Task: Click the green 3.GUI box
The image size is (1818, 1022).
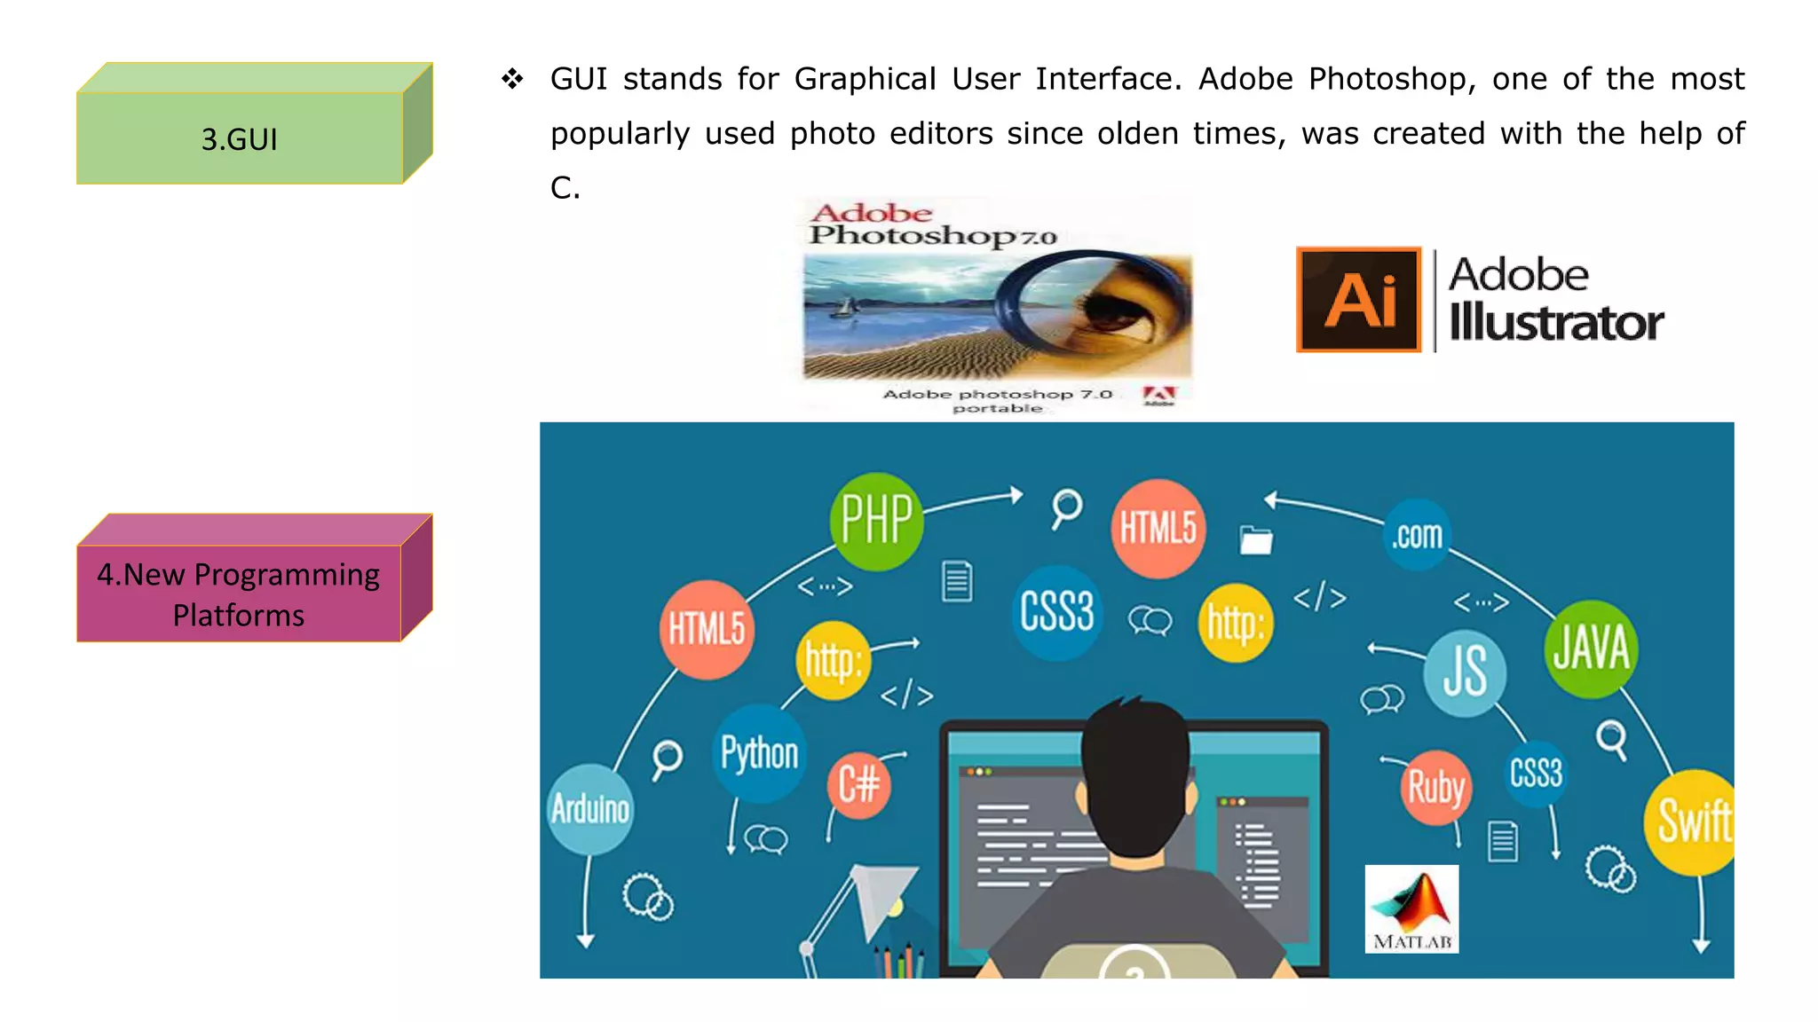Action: (240, 138)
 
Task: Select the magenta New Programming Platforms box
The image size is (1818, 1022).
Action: (239, 594)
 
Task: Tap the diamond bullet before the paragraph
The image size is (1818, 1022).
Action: (512, 79)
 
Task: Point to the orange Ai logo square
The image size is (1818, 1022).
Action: (1359, 300)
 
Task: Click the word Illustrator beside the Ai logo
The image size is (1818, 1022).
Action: (1556, 322)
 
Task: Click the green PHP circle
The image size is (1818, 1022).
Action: (876, 521)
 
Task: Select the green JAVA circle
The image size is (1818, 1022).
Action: (1591, 649)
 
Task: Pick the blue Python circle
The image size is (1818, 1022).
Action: (759, 753)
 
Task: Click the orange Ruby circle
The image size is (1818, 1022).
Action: (1435, 787)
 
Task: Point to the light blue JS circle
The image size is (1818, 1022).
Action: (1465, 672)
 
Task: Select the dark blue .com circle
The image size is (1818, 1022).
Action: (1417, 535)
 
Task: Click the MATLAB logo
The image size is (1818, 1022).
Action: (1411, 908)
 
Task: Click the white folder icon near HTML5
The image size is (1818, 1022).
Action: (1256, 539)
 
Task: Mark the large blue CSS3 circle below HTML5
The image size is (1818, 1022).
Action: (1056, 612)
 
